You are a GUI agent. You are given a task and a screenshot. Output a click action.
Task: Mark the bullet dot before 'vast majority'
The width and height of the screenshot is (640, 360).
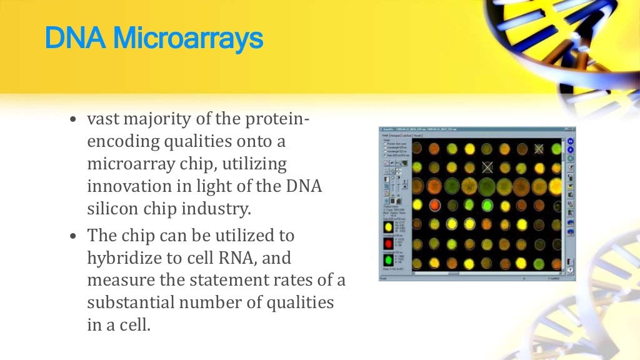[x=74, y=120]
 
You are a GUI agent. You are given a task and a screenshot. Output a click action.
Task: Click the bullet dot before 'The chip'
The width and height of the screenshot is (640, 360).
[x=74, y=237]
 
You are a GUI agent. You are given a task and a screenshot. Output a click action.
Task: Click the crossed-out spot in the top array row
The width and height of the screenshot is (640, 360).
[x=539, y=149]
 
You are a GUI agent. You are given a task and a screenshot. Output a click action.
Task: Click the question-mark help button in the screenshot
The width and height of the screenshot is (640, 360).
[x=569, y=270]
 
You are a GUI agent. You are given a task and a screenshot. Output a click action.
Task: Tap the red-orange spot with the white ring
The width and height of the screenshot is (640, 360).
[x=417, y=204]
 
